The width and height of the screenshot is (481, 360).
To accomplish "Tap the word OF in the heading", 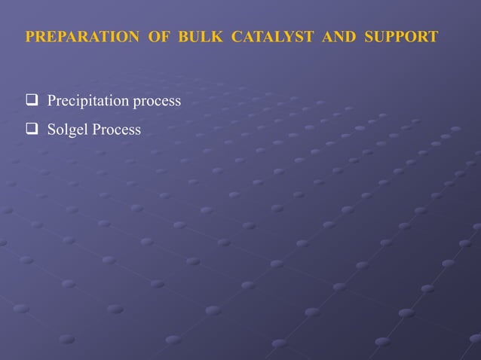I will [x=159, y=37].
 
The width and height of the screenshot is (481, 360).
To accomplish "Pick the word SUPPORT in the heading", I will [x=401, y=37].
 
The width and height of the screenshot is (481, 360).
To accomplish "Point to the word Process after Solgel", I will [x=116, y=130].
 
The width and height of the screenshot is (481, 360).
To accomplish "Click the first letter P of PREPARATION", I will [x=29, y=37].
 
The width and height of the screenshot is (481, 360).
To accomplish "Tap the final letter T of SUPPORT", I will [x=433, y=37].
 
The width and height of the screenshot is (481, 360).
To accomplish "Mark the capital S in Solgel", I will [x=51, y=130].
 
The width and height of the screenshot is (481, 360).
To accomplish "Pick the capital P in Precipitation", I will [x=51, y=101].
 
